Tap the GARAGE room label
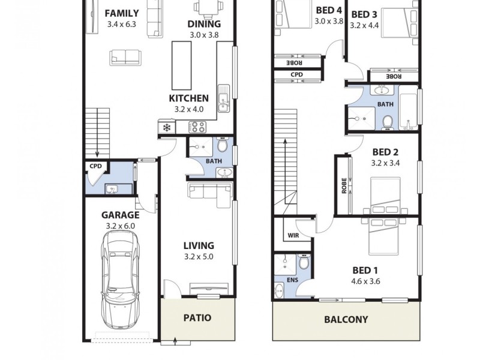click(x=120, y=215)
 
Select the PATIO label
click(x=197, y=317)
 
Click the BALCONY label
click(x=346, y=319)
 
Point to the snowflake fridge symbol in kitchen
click(x=166, y=128)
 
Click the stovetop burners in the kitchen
click(x=197, y=127)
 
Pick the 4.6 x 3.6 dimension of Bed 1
click(x=365, y=281)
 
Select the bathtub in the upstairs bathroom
click(x=408, y=111)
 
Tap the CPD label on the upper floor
click(x=297, y=75)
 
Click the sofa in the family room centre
click(x=125, y=58)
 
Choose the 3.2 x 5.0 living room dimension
click(x=199, y=257)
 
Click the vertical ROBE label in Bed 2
click(x=344, y=185)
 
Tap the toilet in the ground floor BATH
click(x=222, y=146)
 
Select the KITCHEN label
click(x=189, y=98)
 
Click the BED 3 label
click(x=364, y=14)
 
